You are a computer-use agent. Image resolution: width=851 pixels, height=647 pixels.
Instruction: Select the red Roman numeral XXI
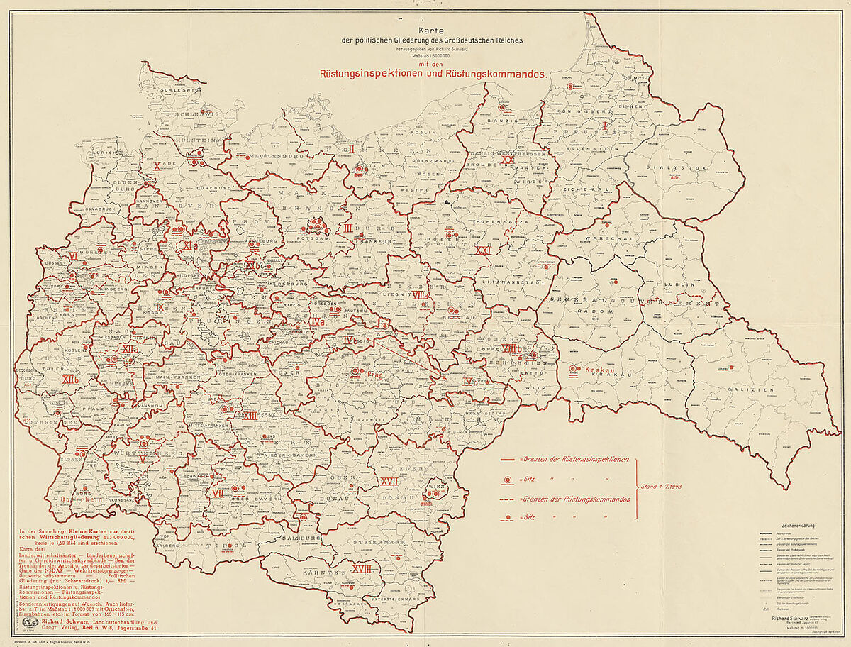tap(484, 251)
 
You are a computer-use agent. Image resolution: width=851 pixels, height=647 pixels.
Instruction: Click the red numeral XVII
tap(389, 481)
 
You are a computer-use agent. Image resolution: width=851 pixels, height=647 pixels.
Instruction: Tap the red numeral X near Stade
tap(157, 166)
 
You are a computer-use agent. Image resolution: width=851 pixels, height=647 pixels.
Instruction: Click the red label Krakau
tap(599, 370)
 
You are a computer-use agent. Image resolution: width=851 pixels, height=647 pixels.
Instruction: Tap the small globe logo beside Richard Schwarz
tap(33, 619)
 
